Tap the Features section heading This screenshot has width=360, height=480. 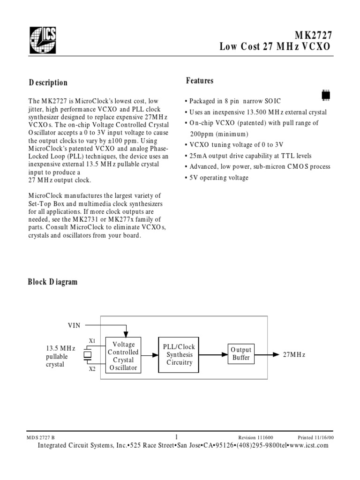(200, 81)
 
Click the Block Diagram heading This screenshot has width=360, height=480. (52, 282)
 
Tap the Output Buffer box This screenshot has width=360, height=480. (241, 354)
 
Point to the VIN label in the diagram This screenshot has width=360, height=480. (75, 324)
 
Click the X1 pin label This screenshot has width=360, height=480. (92, 341)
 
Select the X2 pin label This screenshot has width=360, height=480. (92, 369)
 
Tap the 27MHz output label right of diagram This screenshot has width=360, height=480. (294, 355)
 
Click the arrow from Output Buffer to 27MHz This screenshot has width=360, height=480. (267, 354)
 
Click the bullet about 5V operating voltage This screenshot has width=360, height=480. (217, 178)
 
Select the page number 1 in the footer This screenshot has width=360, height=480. (176, 436)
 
